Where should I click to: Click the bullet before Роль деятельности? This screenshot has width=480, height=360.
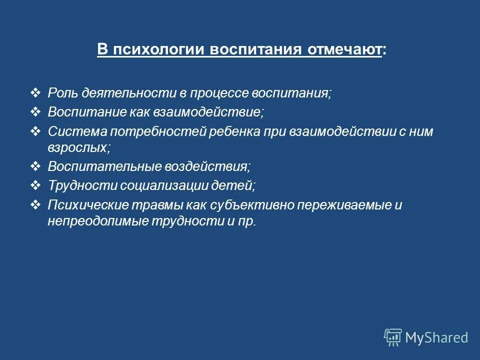pyautogui.click(x=36, y=93)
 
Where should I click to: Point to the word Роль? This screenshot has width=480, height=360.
pyautogui.click(x=62, y=93)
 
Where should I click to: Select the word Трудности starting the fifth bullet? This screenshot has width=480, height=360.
pyautogui.click(x=81, y=185)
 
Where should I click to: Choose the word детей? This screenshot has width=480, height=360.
pyautogui.click(x=238, y=185)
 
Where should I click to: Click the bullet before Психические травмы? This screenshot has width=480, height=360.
pyautogui.click(x=36, y=204)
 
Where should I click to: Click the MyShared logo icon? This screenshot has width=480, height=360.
pyautogui.click(x=392, y=337)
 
